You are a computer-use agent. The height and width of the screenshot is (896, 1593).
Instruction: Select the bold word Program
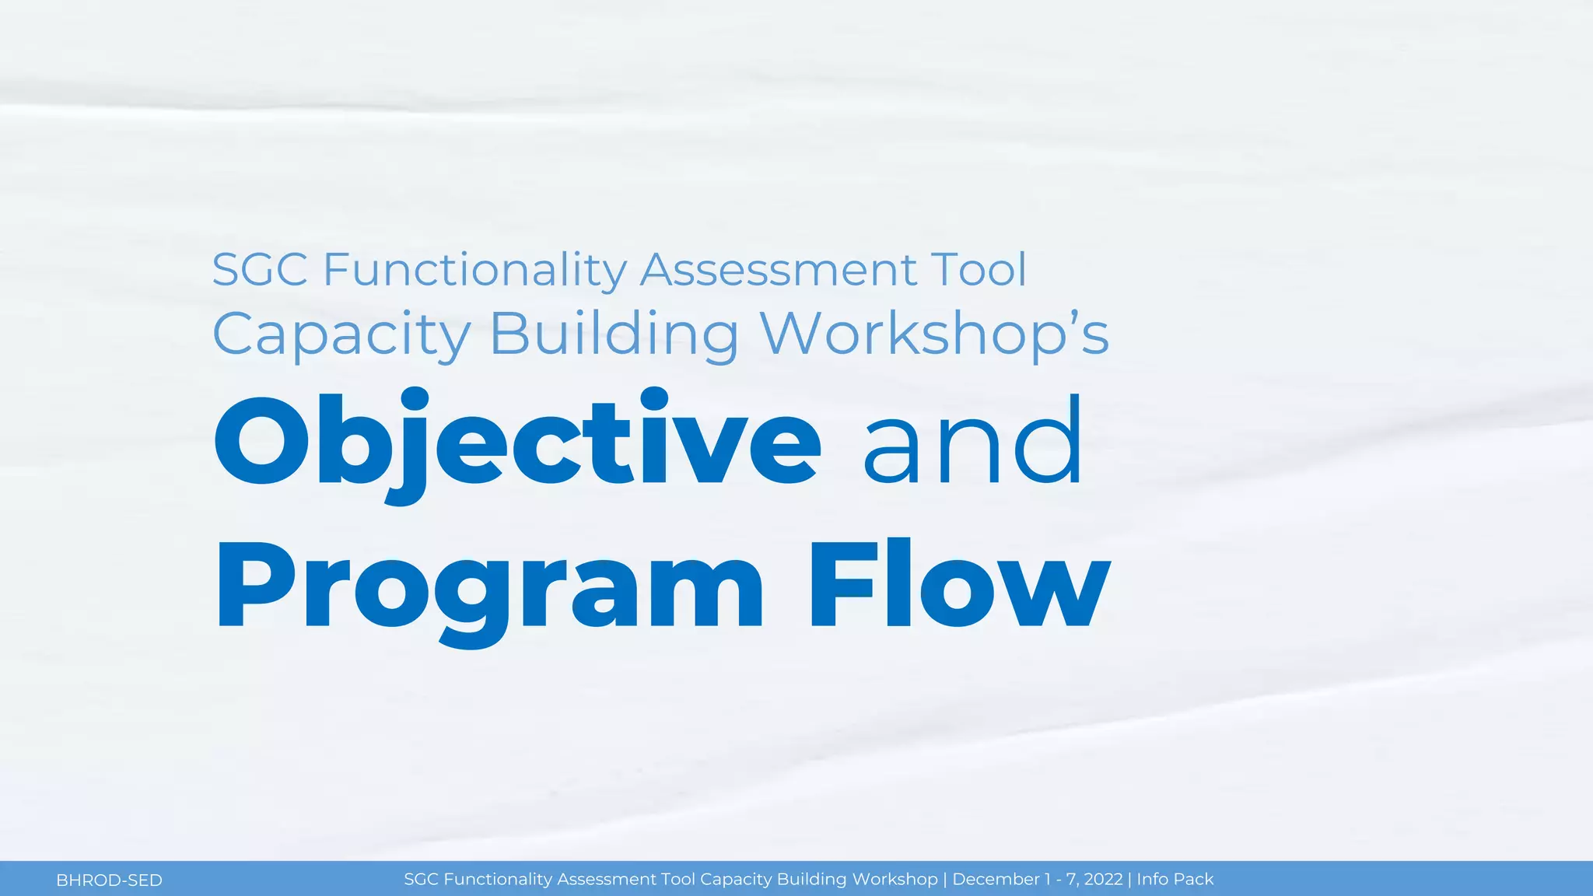coord(490,587)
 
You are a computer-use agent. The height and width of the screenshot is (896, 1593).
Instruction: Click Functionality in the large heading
coord(474,270)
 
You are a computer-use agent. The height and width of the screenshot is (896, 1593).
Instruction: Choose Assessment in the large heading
coord(779,270)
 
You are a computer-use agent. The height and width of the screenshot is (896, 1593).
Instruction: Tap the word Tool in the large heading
coord(979,270)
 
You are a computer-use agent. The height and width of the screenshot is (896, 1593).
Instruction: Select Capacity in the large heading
coord(341,334)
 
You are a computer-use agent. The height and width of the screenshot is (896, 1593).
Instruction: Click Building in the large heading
coord(614,334)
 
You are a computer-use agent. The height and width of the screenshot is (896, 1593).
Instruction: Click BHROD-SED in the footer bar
coord(109,880)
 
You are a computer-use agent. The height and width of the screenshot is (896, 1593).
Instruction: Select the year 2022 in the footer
coord(1103,880)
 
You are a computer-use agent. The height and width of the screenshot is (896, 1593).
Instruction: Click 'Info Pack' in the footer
coord(1175,880)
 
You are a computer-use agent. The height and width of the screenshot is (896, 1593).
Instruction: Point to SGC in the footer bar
coord(421,880)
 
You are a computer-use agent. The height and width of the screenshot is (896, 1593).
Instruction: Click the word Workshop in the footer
coord(895,880)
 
